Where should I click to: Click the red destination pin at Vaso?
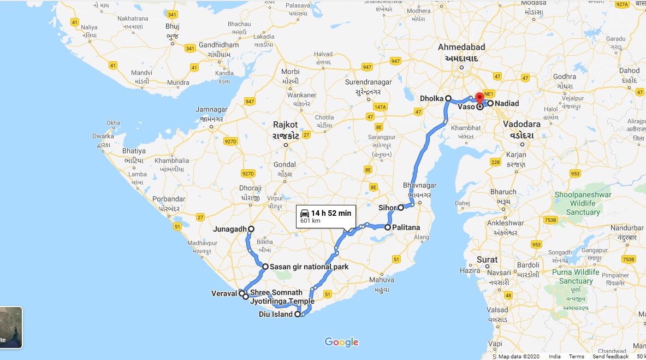pos(479,99)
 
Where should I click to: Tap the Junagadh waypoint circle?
pos(251,229)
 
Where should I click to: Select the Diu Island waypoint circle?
pos(298,314)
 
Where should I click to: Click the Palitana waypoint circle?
pos(388,227)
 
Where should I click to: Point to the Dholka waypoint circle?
pos(448,98)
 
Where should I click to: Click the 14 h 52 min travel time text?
pos(331,213)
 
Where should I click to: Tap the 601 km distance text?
pos(310,221)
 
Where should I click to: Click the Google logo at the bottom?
pos(341,343)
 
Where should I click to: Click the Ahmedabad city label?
pos(461,47)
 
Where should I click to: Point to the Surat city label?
pos(487,259)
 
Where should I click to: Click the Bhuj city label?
pos(172,26)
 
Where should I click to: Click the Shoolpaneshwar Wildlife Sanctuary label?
pos(577,203)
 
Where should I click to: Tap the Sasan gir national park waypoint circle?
pos(265,267)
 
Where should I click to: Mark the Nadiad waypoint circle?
pos(490,103)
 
